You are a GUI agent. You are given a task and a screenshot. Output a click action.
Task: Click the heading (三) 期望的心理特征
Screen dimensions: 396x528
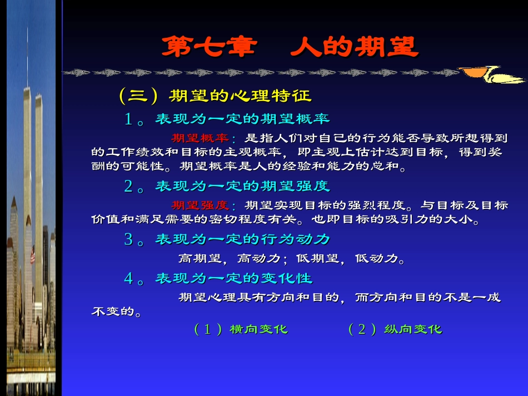(x=215, y=96)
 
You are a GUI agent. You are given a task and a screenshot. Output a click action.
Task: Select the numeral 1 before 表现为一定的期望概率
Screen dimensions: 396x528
(x=128, y=119)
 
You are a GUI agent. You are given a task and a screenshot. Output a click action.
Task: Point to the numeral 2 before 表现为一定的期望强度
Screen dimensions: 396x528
(x=128, y=186)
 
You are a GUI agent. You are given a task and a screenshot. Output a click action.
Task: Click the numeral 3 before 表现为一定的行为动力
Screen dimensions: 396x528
(x=128, y=239)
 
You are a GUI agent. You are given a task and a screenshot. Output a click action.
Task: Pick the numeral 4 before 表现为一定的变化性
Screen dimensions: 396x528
(x=128, y=278)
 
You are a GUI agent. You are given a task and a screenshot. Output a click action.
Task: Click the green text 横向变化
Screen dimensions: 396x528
(x=258, y=329)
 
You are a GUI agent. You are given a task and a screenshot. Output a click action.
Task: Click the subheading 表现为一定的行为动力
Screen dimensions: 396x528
(x=242, y=239)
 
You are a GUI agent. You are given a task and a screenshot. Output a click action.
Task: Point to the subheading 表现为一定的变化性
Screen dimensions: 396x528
(x=233, y=278)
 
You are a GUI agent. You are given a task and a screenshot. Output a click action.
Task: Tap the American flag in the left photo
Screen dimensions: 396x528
(x=33, y=256)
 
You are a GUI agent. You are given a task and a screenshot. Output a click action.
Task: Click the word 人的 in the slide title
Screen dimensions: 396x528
(x=322, y=47)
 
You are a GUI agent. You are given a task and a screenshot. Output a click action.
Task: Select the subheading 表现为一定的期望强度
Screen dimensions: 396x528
(x=242, y=186)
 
